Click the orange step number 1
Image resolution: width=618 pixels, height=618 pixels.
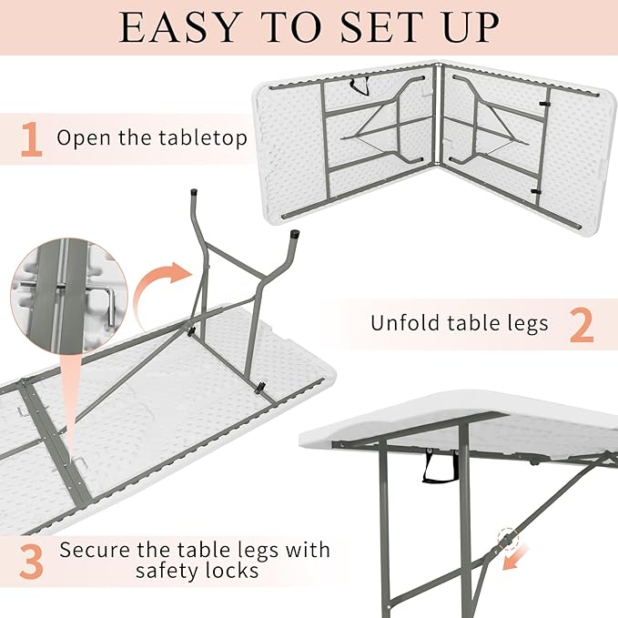point(31,139)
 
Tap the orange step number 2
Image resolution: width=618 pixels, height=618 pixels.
point(582,324)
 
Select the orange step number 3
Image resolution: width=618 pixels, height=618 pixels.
point(32,562)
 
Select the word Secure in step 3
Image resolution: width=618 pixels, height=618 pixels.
point(96,550)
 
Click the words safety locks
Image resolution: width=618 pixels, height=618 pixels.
point(198,572)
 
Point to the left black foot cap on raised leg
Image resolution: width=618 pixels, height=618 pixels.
point(195,194)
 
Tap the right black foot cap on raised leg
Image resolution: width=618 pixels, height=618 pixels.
point(297,237)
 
